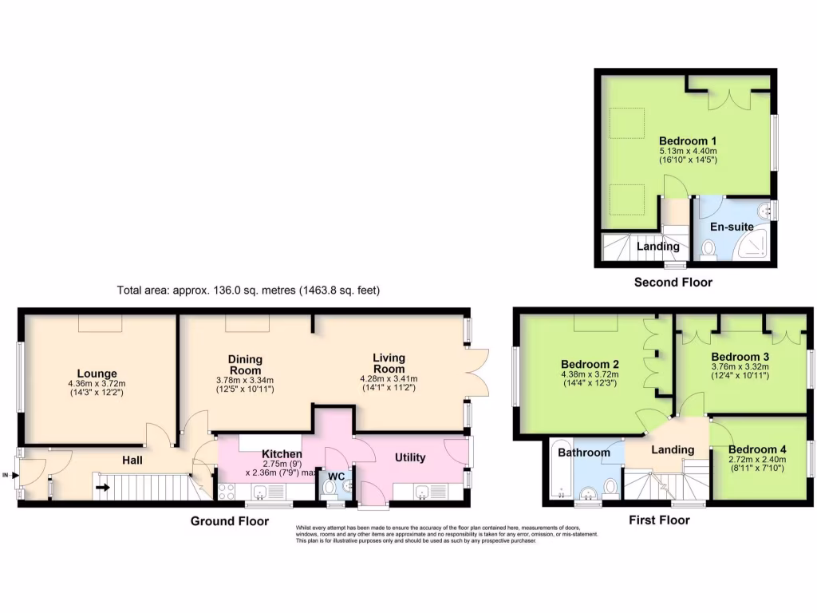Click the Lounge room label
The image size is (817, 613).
(97, 373)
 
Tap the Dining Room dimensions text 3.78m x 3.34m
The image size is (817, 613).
(245, 380)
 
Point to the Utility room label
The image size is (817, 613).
(410, 457)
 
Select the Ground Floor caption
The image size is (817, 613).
(229, 521)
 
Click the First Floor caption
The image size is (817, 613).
(659, 520)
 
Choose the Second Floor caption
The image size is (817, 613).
(673, 282)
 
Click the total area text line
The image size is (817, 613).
(248, 291)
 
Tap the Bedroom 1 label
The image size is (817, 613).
(687, 140)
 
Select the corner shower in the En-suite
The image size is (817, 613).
(754, 243)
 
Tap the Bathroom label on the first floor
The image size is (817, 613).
(583, 453)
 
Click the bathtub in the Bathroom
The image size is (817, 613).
(558, 472)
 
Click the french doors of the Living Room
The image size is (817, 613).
(477, 372)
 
